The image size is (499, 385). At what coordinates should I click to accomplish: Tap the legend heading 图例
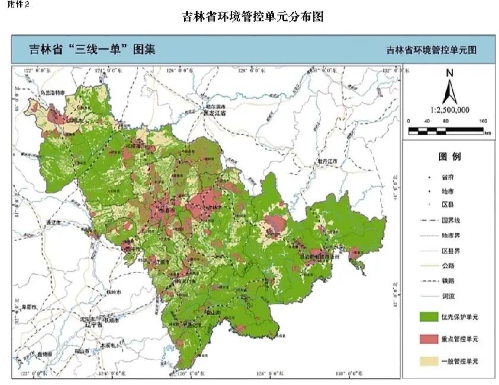coord(449,157)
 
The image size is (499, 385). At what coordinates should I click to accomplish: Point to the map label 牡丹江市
coord(326,161)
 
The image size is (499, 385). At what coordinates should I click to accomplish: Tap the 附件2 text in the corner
coord(11,5)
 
